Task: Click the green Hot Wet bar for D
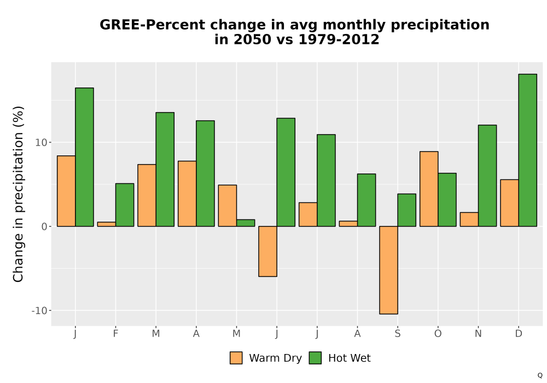pyautogui.click(x=527, y=150)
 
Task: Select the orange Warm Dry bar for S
pyautogui.click(x=388, y=270)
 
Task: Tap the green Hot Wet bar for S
pyautogui.click(x=407, y=210)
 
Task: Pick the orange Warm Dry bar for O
pyautogui.click(x=429, y=189)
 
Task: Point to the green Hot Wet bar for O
pyautogui.click(x=447, y=200)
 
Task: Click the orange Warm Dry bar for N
pyautogui.click(x=469, y=219)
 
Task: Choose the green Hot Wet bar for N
pyautogui.click(x=487, y=176)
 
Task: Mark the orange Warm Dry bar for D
pyautogui.click(x=510, y=203)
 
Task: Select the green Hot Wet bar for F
pyautogui.click(x=125, y=205)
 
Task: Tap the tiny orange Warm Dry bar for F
pyautogui.click(x=107, y=224)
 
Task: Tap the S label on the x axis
pyautogui.click(x=398, y=334)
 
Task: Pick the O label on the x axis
pyautogui.click(x=438, y=334)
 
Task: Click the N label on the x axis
pyautogui.click(x=478, y=334)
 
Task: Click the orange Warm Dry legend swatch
pyautogui.click(x=236, y=358)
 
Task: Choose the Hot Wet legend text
pyautogui.click(x=350, y=358)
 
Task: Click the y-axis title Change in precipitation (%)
pyautogui.click(x=18, y=194)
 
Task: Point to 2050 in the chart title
pyautogui.click(x=252, y=39)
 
